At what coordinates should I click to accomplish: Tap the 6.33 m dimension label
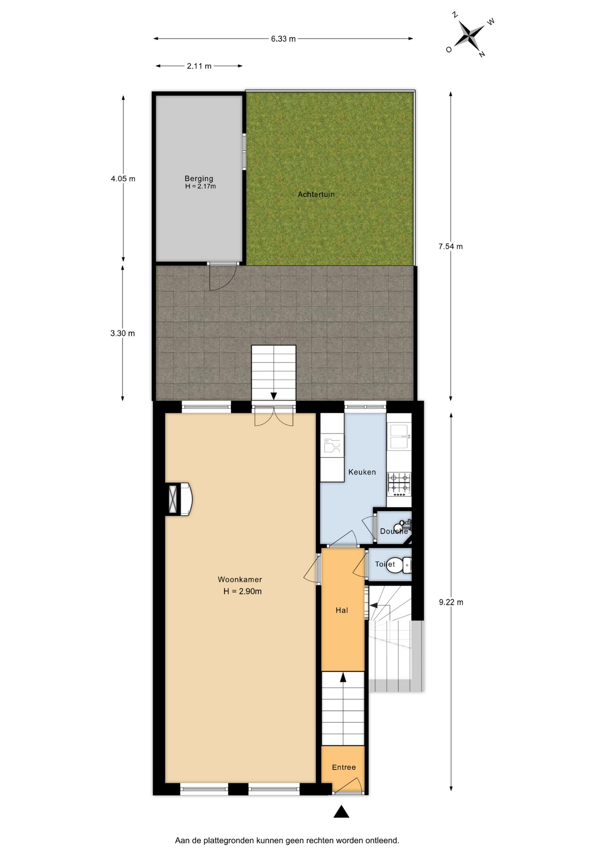point(283,39)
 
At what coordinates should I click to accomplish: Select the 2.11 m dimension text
point(199,66)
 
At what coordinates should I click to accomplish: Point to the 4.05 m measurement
point(123,179)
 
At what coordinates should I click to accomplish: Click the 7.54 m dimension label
point(450,247)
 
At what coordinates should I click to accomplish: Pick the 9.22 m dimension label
point(451,602)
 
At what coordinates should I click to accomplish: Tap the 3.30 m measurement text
point(123,333)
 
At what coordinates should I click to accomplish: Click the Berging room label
point(199,178)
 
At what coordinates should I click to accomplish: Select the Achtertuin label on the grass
point(316,194)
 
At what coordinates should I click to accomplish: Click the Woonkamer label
point(240,580)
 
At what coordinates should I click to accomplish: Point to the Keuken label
point(362,472)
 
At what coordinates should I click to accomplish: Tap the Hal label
point(342,610)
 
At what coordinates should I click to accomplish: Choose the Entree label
point(344,767)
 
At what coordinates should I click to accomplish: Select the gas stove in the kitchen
point(399,484)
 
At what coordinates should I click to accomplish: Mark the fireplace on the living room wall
point(179,499)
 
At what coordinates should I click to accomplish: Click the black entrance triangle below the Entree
point(341,812)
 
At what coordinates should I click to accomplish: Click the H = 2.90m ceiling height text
point(242,592)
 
